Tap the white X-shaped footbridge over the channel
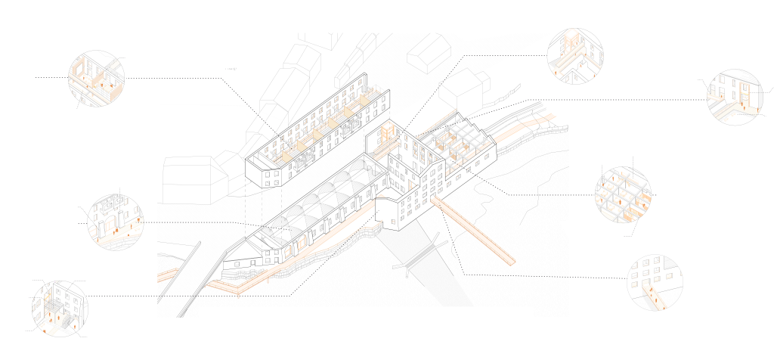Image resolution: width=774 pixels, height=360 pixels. pyautogui.click(x=419, y=257)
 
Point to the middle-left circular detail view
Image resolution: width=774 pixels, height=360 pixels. pyautogui.click(x=112, y=221)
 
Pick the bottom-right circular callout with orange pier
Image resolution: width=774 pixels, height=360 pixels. pyautogui.click(x=655, y=283)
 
